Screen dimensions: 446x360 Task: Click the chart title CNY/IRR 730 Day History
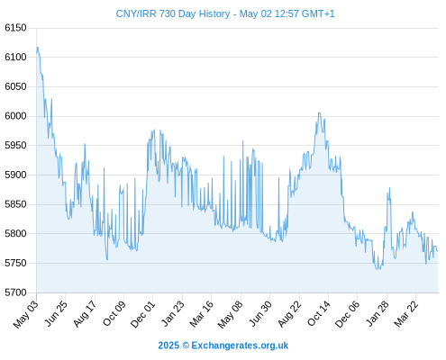point(173,13)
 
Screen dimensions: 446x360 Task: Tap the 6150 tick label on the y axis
point(15,28)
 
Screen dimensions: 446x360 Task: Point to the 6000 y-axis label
point(15,116)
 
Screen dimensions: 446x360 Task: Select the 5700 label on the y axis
point(15,292)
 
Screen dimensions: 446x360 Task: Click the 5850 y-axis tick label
point(15,204)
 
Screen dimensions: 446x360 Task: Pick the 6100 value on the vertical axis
point(15,57)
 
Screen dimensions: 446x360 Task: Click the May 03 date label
point(26,314)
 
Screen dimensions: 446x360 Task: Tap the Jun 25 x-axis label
point(56,313)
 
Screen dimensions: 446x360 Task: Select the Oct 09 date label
point(114,313)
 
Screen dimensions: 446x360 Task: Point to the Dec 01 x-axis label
point(143,314)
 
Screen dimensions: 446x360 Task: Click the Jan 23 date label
point(173,313)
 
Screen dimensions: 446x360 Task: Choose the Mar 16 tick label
point(202,313)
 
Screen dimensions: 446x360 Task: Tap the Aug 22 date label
point(289,314)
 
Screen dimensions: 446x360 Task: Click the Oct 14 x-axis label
point(319,313)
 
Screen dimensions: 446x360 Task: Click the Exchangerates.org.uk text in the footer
point(240,346)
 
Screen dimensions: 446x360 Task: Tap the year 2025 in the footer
point(168,346)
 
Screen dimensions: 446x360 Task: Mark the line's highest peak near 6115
point(38,48)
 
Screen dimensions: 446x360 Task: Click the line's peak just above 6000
point(319,112)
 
